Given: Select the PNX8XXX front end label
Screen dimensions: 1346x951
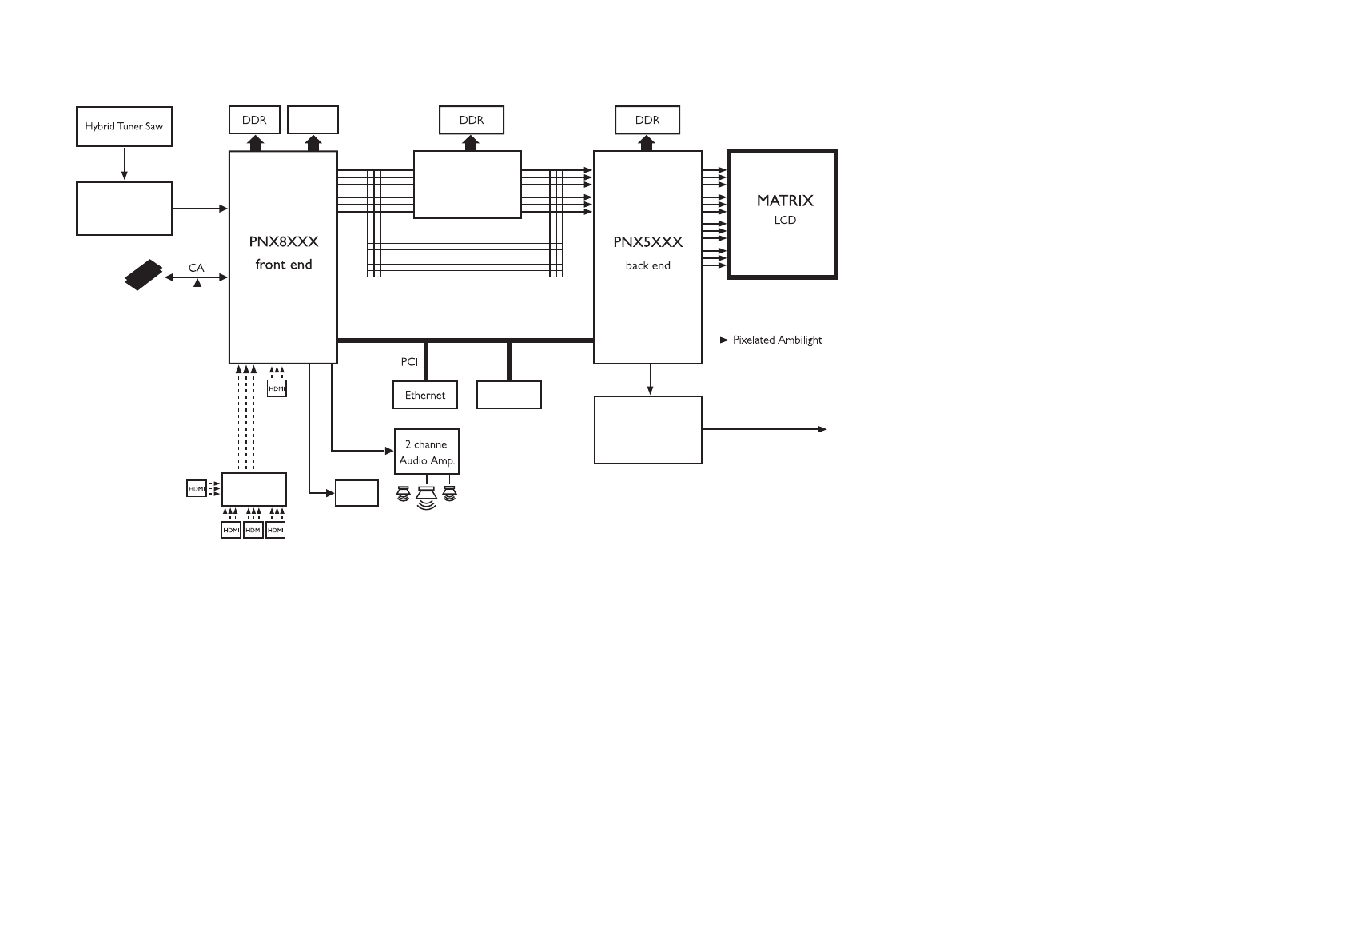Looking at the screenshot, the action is pos(284,253).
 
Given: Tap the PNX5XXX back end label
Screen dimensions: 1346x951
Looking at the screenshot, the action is pos(647,253).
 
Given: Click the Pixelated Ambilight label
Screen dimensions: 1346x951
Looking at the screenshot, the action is pos(777,340).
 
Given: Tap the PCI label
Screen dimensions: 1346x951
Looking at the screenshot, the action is pos(409,362).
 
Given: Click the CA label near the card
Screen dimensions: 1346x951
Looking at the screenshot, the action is pos(197,268).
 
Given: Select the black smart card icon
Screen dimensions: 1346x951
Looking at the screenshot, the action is pos(144,275).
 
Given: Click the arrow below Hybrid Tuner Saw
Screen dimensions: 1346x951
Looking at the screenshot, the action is pos(125,163).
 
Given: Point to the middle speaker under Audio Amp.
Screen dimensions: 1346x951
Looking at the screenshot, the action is pos(427,497).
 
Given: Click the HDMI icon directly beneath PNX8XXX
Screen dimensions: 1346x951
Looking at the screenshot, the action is pos(277,388).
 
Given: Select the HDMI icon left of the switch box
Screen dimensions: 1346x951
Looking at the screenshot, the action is pos(197,489).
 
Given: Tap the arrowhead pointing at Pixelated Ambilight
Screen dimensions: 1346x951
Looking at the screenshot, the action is pos(724,340).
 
